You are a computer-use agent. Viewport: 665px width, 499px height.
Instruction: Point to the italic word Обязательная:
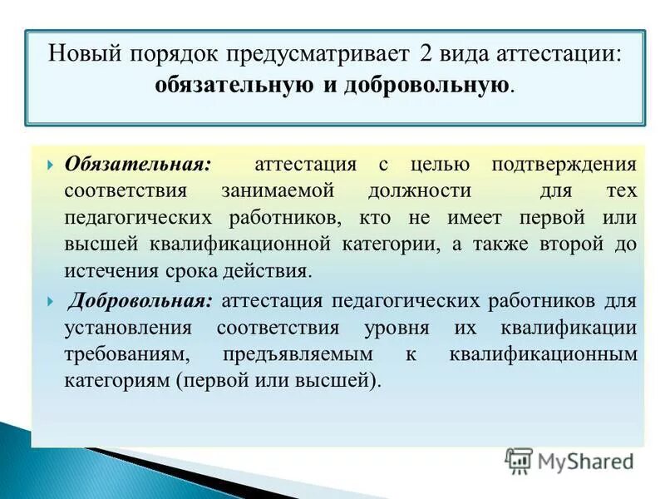[138, 164]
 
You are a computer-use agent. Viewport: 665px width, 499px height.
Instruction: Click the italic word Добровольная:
[141, 299]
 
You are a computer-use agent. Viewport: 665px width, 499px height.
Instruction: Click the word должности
[419, 190]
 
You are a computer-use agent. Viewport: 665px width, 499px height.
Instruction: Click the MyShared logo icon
[520, 460]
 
